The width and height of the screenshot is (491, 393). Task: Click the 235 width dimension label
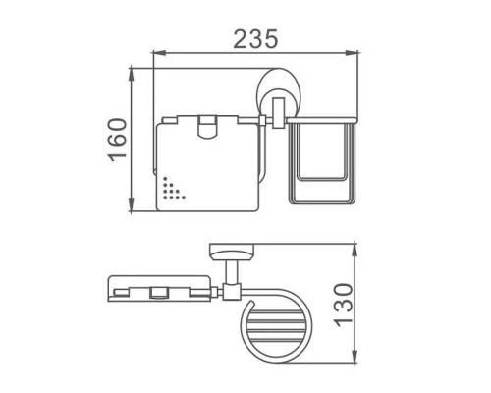(255, 39)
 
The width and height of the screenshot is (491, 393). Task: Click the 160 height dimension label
(117, 140)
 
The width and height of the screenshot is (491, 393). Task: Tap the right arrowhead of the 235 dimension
(353, 52)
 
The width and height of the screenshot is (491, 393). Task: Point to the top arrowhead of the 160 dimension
(132, 73)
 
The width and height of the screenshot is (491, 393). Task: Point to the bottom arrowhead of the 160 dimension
(132, 206)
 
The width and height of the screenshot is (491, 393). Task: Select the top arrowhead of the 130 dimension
(355, 249)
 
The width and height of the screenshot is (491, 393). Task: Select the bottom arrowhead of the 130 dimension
(355, 358)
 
